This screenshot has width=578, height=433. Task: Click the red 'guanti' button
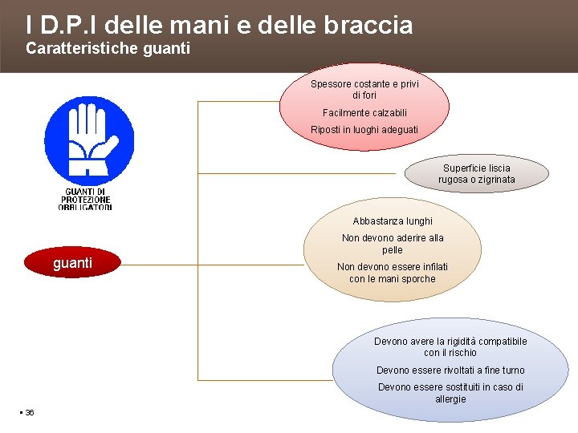click(x=72, y=263)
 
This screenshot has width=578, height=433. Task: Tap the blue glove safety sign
click(x=89, y=140)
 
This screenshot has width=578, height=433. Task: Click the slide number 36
click(x=30, y=412)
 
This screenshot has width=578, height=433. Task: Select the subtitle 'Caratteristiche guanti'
click(x=108, y=49)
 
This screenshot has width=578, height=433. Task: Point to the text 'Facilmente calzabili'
click(x=364, y=113)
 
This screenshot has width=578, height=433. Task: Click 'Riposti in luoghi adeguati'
click(x=364, y=130)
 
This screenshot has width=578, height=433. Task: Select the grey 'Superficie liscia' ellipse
click(x=476, y=174)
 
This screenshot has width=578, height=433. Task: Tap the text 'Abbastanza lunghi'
click(x=393, y=221)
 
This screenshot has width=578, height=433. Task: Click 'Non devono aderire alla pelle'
click(x=393, y=244)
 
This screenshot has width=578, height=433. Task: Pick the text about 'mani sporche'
click(x=393, y=273)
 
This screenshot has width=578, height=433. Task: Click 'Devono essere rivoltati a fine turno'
click(x=450, y=370)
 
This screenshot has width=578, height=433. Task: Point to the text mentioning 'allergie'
click(x=450, y=393)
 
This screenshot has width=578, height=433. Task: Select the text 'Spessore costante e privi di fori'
click(x=364, y=89)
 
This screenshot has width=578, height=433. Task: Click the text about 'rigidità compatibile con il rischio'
click(x=450, y=347)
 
